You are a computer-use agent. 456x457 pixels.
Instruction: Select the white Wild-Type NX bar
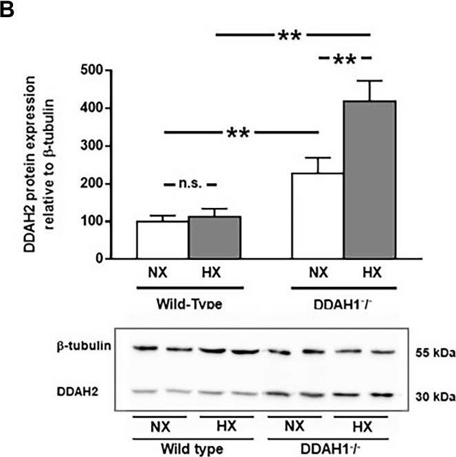click(x=162, y=239)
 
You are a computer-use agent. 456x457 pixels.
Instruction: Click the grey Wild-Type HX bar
click(x=214, y=237)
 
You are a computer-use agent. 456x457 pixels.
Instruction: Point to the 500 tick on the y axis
click(x=91, y=70)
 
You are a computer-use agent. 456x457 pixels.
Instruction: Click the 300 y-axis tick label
click(x=91, y=146)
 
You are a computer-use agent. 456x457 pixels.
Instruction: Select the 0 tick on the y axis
click(x=99, y=259)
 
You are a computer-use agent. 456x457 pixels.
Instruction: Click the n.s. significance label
click(x=190, y=185)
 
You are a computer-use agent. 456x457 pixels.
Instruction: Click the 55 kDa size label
click(x=433, y=352)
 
